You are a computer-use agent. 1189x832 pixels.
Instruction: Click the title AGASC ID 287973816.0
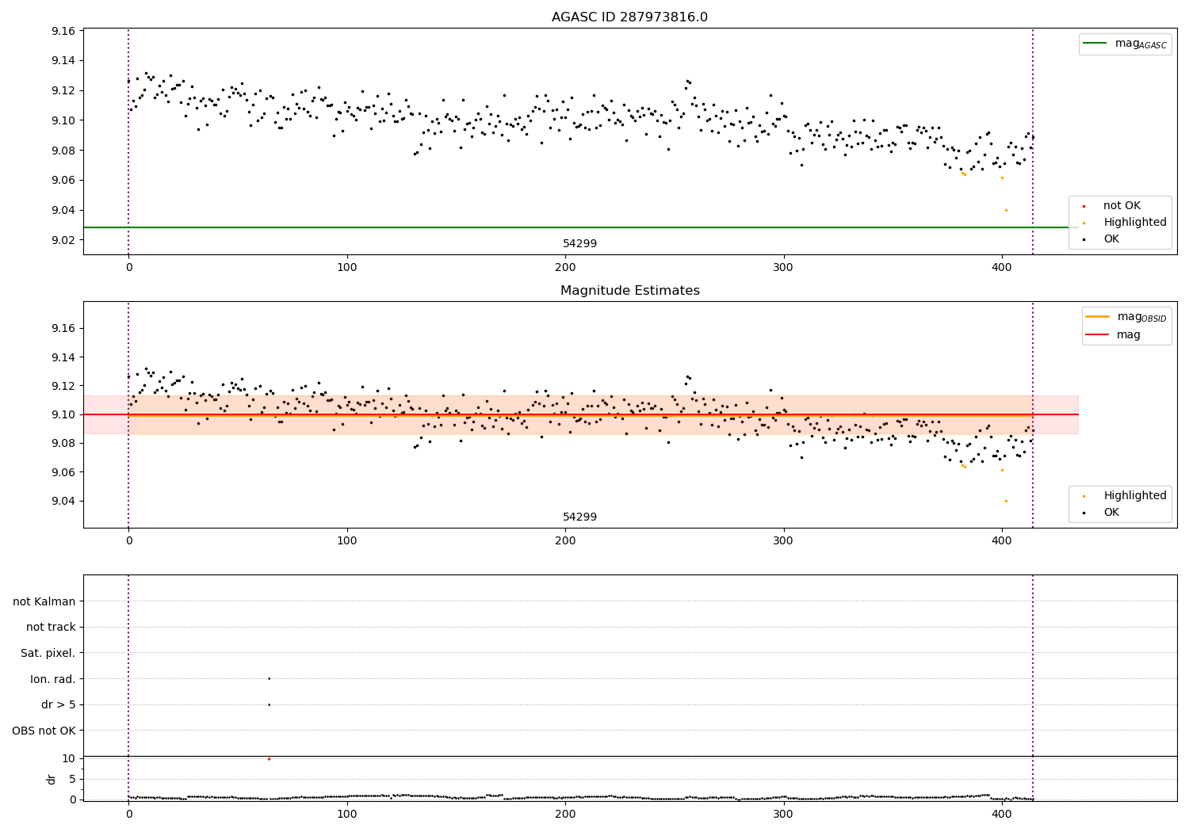click(x=629, y=17)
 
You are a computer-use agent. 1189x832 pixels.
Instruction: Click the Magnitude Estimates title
click(x=629, y=291)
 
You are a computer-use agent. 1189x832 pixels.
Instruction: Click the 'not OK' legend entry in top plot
click(x=1121, y=206)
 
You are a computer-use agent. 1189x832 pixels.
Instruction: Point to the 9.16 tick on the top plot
click(x=63, y=32)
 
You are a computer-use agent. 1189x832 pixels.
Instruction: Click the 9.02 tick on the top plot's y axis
click(x=63, y=240)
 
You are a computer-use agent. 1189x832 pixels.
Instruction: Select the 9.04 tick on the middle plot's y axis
click(x=63, y=501)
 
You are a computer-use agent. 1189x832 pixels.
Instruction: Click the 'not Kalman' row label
click(x=44, y=602)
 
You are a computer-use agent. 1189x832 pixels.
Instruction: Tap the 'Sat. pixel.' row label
click(x=48, y=654)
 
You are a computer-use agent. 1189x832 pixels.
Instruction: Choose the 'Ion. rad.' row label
click(x=52, y=679)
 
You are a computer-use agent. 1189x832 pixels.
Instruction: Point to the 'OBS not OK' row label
click(x=44, y=731)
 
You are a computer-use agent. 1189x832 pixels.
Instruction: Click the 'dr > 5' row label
click(x=58, y=705)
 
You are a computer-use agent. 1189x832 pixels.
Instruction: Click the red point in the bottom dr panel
click(x=269, y=759)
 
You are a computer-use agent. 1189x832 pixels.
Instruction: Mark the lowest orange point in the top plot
click(x=1006, y=210)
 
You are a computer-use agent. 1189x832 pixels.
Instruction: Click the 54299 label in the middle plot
click(x=579, y=517)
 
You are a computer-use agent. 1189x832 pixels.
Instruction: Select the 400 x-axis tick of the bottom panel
click(x=1002, y=813)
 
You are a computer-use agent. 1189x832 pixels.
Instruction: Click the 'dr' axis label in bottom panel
click(x=52, y=779)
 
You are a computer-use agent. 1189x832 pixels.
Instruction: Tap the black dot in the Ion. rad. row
click(x=269, y=678)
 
